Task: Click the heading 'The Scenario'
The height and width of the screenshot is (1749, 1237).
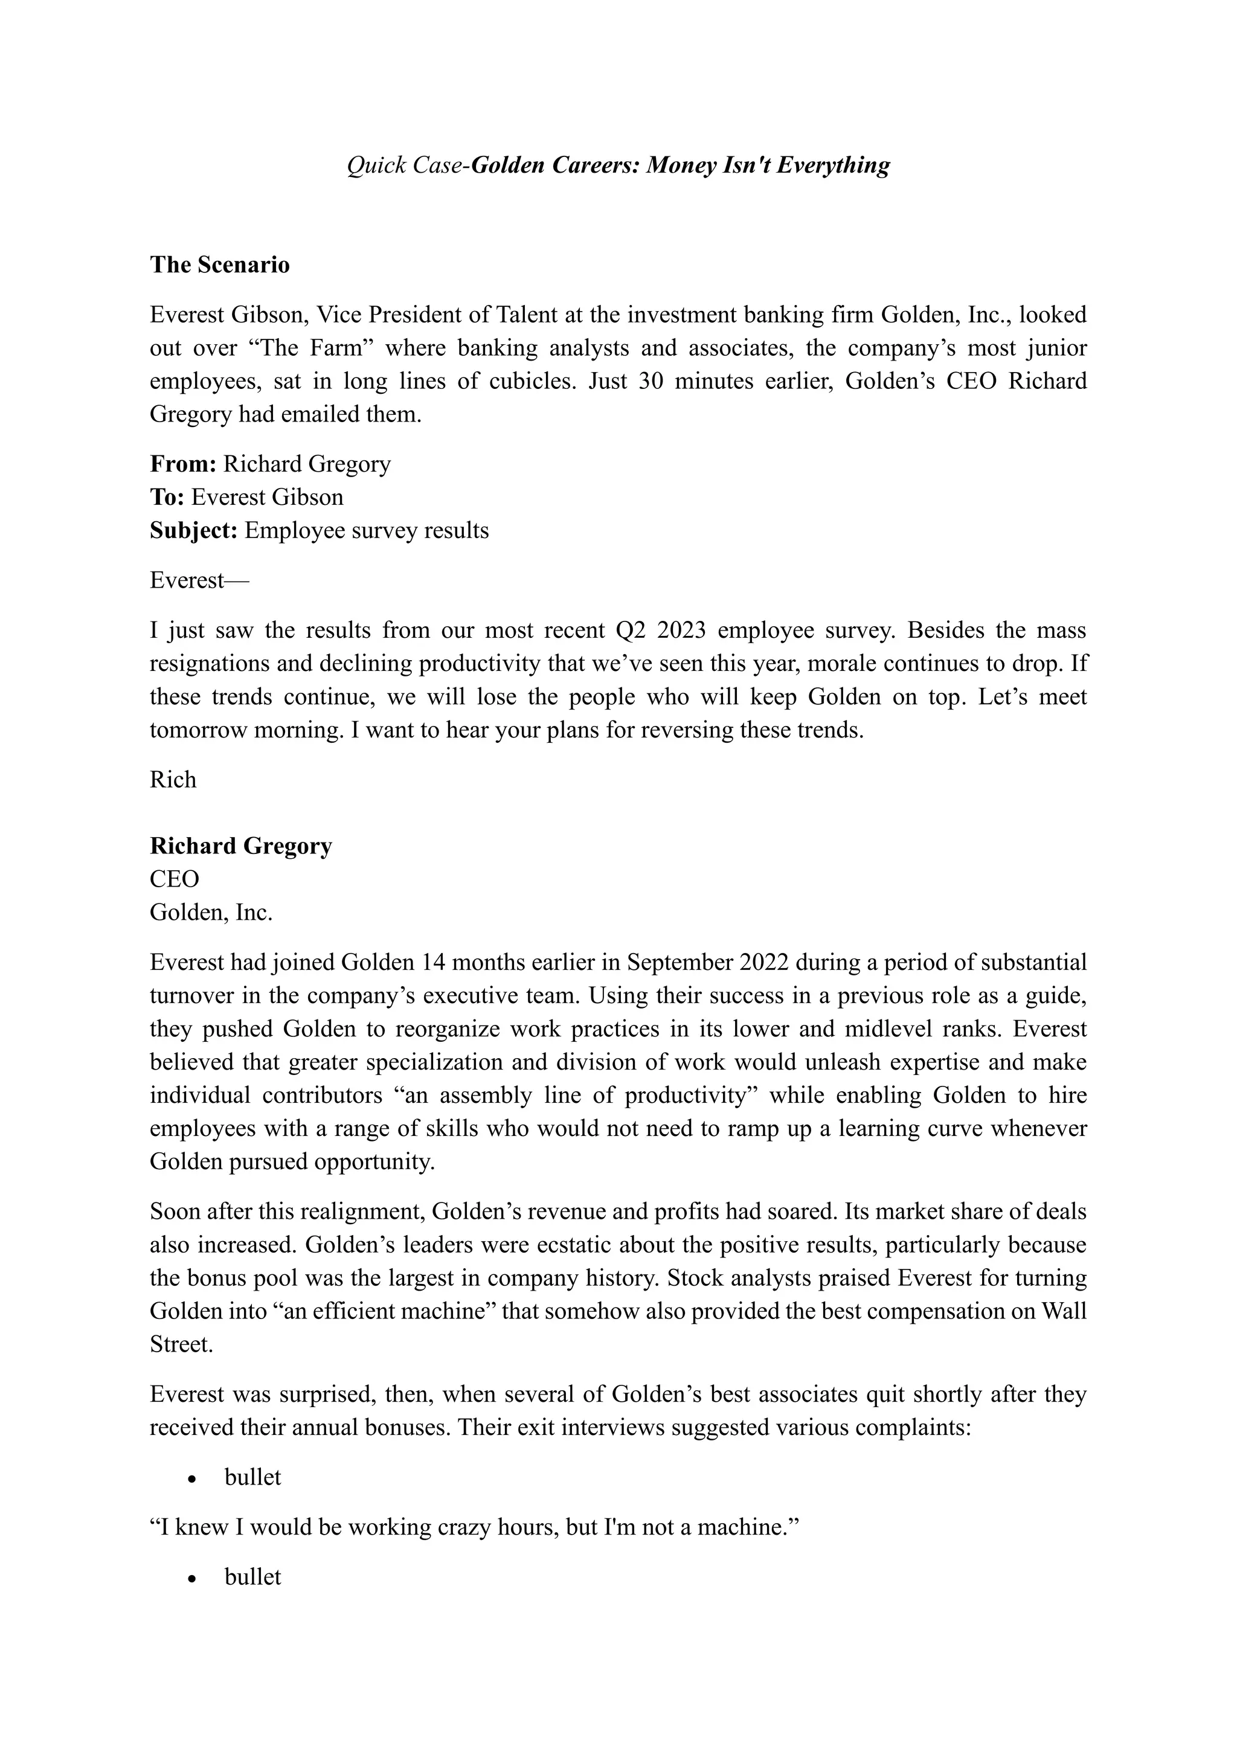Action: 219,265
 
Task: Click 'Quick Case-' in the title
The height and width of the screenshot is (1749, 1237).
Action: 408,165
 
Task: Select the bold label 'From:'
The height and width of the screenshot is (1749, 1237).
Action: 184,464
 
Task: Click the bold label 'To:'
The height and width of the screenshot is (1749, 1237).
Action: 167,498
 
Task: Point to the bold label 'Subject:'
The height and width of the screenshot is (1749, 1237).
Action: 194,531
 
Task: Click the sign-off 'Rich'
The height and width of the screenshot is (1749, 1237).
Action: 173,779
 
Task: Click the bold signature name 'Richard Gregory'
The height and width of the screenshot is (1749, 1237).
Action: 241,846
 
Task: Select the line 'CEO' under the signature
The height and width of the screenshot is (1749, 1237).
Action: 175,879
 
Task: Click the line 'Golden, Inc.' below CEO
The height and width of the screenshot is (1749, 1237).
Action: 211,913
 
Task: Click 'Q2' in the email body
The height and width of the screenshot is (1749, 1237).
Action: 631,631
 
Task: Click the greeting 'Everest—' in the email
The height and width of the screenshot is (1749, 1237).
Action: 199,580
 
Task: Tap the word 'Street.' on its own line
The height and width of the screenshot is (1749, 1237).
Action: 181,1344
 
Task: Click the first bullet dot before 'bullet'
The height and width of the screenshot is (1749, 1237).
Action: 193,1478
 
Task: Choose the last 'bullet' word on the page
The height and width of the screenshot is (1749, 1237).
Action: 253,1577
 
